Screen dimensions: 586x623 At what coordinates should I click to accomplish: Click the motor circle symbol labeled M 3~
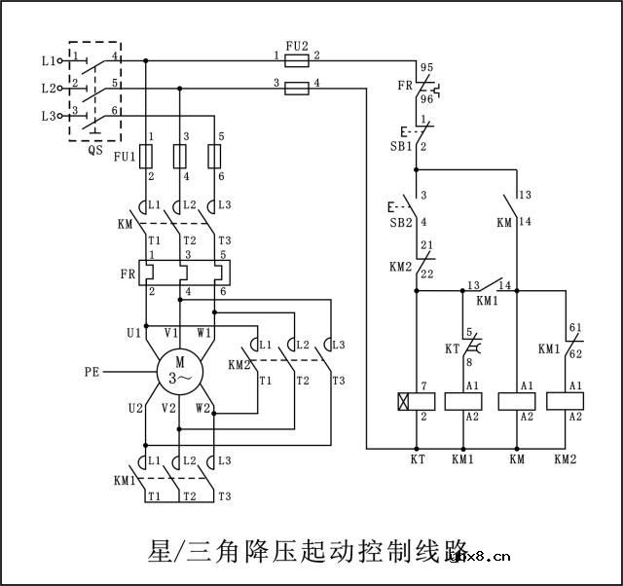point(180,371)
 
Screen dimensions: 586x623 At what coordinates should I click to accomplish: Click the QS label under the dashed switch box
point(94,151)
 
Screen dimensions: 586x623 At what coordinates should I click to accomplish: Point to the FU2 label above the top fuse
point(297,45)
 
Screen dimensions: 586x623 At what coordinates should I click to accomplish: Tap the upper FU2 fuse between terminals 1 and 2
point(296,60)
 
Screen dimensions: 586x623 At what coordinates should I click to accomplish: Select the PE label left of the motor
point(92,371)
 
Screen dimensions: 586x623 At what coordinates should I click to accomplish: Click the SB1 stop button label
point(387,145)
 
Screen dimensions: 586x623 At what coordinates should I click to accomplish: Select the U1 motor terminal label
point(133,333)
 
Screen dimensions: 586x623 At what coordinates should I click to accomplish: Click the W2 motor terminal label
point(202,408)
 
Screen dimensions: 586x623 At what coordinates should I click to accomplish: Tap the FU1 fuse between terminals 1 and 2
point(146,156)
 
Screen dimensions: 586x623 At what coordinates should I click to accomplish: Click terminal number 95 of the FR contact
point(425,67)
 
